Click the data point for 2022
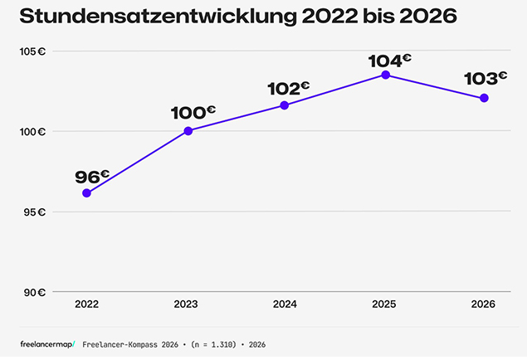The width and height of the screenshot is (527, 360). click(86, 192)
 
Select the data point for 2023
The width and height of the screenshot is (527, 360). click(188, 131)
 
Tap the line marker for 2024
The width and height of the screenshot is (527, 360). click(285, 105)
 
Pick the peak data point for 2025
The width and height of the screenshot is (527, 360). click(385, 75)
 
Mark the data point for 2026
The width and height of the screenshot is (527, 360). click(484, 98)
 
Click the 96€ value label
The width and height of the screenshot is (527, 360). click(92, 177)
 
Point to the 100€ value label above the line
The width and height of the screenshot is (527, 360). click(193, 114)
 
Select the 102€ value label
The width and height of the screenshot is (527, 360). click(289, 88)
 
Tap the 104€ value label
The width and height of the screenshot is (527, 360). click(390, 61)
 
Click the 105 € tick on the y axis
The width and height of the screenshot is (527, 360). click(33, 51)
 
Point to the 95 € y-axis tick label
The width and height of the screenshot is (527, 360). click(33, 212)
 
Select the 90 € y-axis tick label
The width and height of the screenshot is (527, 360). click(33, 292)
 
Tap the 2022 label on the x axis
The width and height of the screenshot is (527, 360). click(86, 305)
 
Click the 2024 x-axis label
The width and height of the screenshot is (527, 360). click(285, 305)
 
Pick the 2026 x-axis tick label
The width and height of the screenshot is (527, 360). click(483, 305)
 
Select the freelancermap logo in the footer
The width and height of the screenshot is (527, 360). click(47, 343)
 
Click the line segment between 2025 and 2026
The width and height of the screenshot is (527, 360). click(435, 86)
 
